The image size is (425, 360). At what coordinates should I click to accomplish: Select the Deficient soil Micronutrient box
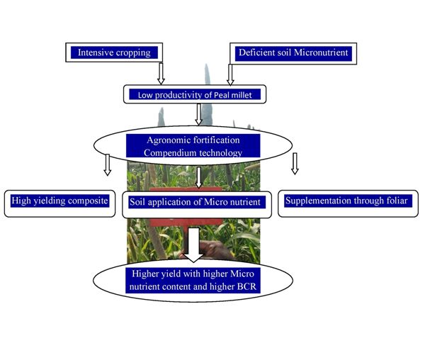[292, 52]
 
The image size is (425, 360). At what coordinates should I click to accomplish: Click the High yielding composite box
[59, 201]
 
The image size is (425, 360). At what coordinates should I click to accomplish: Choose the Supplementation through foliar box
[346, 201]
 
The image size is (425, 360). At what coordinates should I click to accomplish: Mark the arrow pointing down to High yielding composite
[107, 164]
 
